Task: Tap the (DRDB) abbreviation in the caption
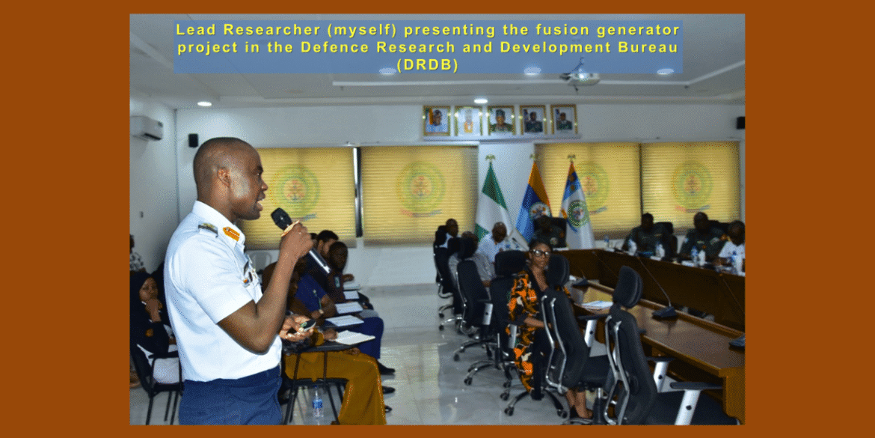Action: [428, 65]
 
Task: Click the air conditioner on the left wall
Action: [146, 128]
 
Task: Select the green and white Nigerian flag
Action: [492, 202]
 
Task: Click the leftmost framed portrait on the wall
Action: [437, 120]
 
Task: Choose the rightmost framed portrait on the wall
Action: [564, 119]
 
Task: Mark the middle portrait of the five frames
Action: [501, 120]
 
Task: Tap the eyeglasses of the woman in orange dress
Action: [540, 253]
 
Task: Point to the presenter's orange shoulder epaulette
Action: [231, 234]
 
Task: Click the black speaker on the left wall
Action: [193, 140]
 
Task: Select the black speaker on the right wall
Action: [740, 122]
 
